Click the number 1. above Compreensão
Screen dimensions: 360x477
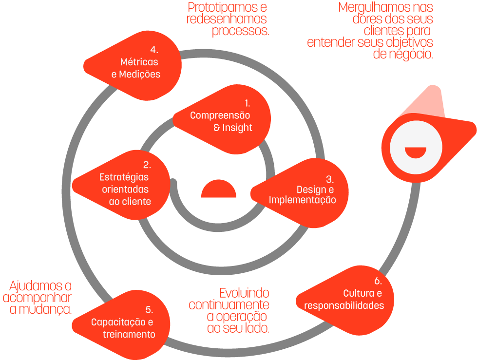[247, 103]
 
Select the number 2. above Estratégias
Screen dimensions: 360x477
[147, 165]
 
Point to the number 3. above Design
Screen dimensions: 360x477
[330, 179]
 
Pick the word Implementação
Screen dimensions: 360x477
[302, 200]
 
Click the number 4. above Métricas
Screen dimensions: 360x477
[154, 50]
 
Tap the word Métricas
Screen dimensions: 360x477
[139, 62]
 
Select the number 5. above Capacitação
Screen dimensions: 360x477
[149, 310]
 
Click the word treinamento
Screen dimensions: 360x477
[129, 335]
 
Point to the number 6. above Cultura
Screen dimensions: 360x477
[378, 282]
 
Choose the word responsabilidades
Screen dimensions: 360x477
[344, 306]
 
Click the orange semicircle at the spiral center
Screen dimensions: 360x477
[219, 190]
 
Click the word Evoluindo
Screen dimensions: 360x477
[244, 293]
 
